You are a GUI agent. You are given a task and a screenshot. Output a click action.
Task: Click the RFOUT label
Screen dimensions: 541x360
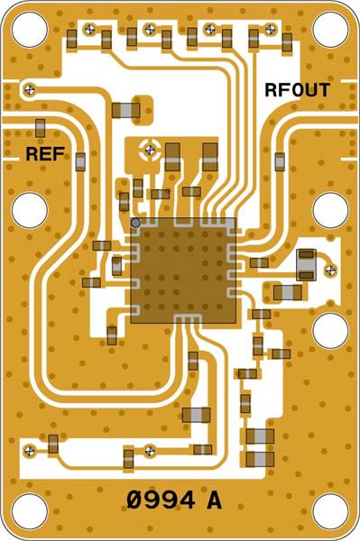[297, 90]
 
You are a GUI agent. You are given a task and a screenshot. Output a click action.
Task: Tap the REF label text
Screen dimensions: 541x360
[45, 154]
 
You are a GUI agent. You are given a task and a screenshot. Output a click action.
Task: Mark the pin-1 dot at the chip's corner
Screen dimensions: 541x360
[135, 222]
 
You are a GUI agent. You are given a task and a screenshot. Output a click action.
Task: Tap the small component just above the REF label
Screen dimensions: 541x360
[41, 125]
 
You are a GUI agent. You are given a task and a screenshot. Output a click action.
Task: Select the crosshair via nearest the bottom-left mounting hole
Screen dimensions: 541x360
[32, 449]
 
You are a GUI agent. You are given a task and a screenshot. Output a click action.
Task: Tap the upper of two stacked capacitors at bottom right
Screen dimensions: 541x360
[259, 436]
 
